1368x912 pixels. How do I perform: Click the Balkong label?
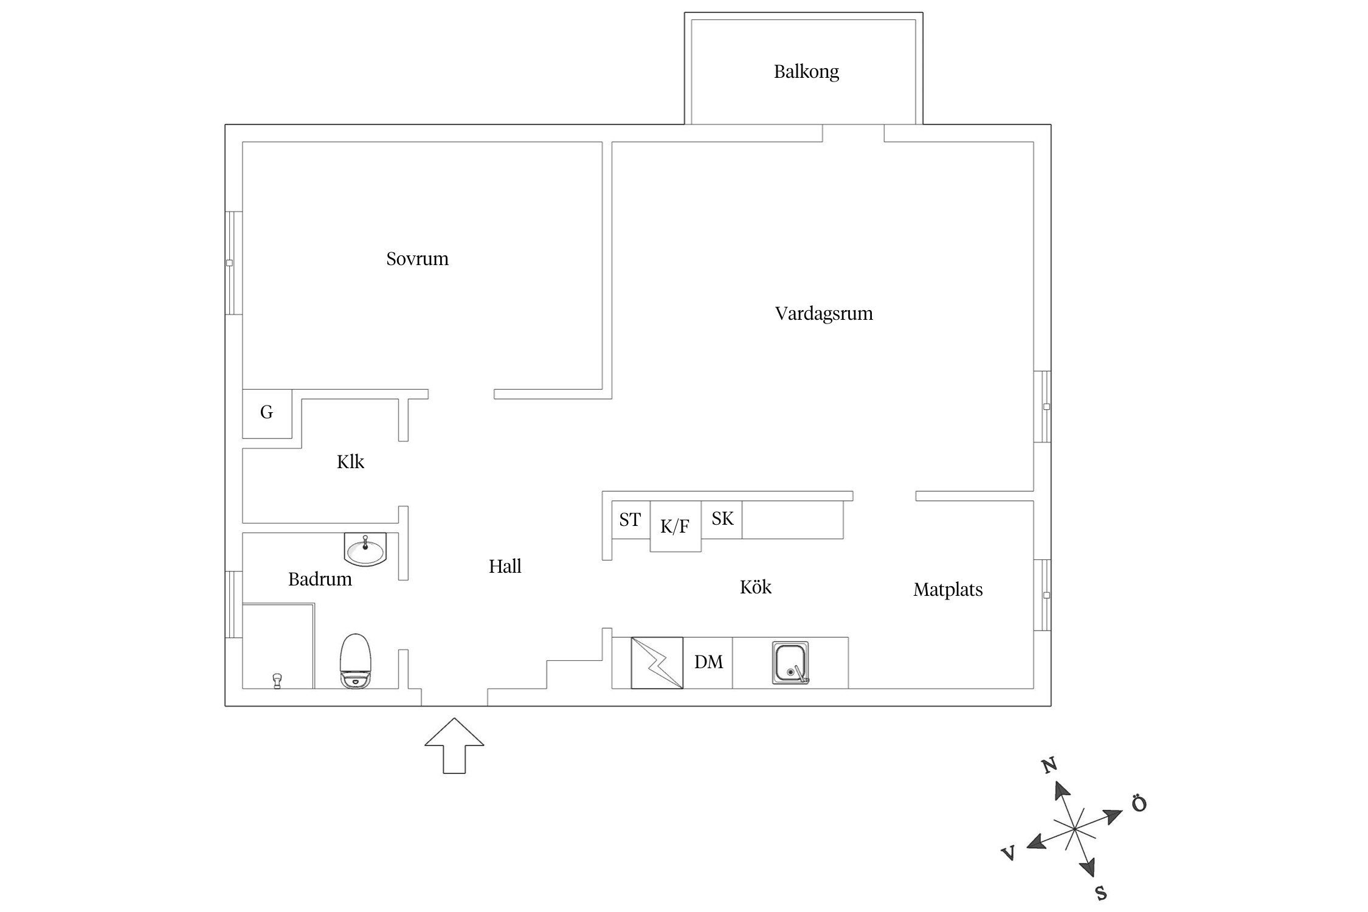point(806,72)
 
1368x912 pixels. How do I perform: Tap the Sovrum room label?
point(417,259)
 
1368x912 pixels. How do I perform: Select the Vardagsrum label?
point(823,314)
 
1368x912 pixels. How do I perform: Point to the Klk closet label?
point(350,462)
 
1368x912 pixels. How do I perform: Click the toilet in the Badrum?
point(356,661)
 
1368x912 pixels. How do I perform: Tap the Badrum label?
point(320,579)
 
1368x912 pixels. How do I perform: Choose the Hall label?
point(505,567)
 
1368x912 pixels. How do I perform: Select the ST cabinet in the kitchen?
point(630,520)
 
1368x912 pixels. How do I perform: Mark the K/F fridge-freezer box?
point(675,527)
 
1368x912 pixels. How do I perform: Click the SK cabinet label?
point(722,519)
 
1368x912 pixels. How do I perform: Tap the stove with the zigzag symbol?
point(657,663)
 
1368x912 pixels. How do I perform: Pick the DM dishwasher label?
point(708,662)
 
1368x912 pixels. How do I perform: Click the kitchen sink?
point(791,663)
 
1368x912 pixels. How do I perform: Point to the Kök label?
point(755,587)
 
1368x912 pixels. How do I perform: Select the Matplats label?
point(947,590)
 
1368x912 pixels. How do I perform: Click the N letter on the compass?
point(1049,766)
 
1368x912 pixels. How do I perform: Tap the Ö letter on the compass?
point(1139,804)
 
